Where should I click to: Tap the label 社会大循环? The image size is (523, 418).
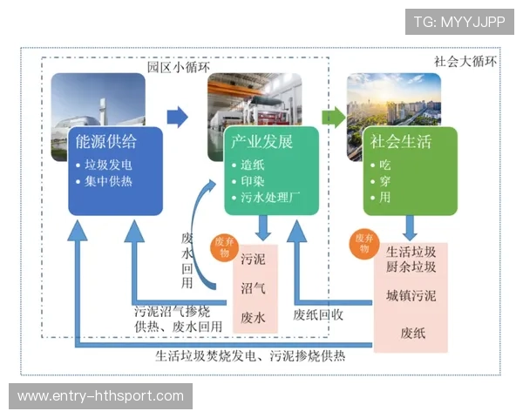point(465,62)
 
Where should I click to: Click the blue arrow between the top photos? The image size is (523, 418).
point(178,117)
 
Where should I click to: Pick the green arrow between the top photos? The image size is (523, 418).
point(332,117)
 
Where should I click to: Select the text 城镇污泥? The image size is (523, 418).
point(411,296)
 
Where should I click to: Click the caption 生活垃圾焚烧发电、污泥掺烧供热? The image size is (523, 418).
point(250,355)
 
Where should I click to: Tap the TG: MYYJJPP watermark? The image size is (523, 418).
point(458,22)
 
